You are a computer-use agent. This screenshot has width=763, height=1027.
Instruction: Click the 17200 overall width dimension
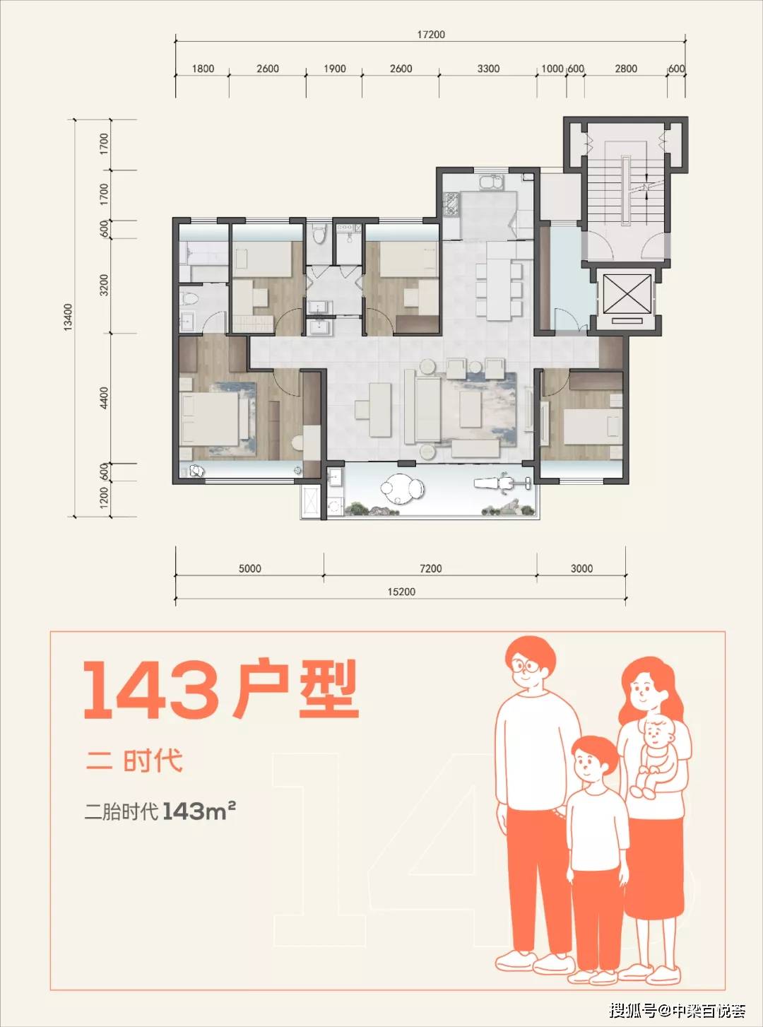(430, 35)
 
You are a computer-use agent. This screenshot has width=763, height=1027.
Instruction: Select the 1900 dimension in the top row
(334, 69)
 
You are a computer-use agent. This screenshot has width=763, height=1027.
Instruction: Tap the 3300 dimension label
(488, 69)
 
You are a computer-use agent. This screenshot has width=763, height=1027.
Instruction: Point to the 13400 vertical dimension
(68, 317)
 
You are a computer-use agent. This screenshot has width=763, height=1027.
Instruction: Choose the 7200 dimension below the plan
(430, 568)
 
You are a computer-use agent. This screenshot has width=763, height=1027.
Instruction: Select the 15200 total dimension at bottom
(401, 592)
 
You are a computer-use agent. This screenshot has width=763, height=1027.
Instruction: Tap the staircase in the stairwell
(625, 192)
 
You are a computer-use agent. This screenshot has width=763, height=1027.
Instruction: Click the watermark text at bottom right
(678, 1007)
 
